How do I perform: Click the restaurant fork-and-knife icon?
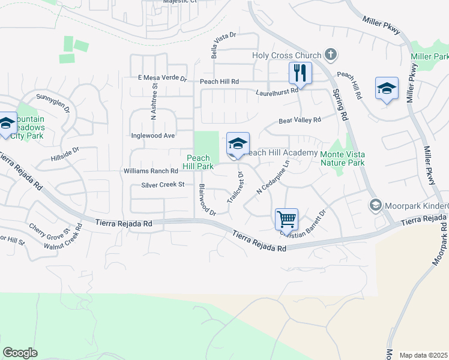300,73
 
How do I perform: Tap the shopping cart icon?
286,219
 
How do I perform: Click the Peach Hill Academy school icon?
238,144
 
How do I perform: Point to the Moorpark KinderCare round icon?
376,206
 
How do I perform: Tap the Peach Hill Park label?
197,162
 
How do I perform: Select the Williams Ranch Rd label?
151,171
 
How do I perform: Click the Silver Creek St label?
163,185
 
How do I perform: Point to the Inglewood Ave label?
153,136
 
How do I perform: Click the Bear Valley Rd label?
300,121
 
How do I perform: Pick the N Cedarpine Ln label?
273,178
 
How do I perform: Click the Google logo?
20,352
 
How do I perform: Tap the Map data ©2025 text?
423,355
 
